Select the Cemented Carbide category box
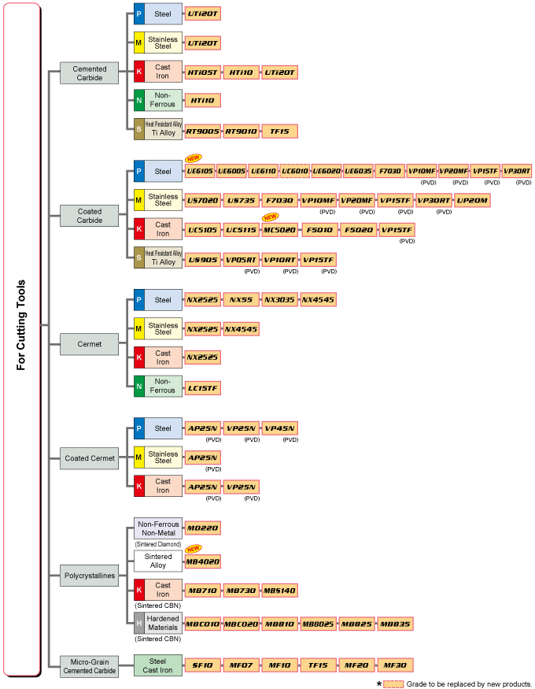[x=90, y=73]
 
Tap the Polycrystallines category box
[x=90, y=576]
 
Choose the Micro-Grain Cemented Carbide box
[x=90, y=666]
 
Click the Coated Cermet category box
[x=90, y=457]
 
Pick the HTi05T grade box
[x=202, y=72]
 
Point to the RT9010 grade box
[x=241, y=131]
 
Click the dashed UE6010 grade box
[x=294, y=171]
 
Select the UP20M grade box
[x=472, y=200]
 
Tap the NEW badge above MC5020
[x=271, y=217]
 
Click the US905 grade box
[x=202, y=259]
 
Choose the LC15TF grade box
[x=202, y=387]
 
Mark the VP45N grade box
[x=280, y=428]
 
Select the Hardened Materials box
[x=163, y=623]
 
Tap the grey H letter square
[x=138, y=623]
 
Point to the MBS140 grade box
[x=280, y=590]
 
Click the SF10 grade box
[x=202, y=665]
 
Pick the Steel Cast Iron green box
[x=157, y=665]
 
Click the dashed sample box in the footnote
[x=394, y=683]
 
